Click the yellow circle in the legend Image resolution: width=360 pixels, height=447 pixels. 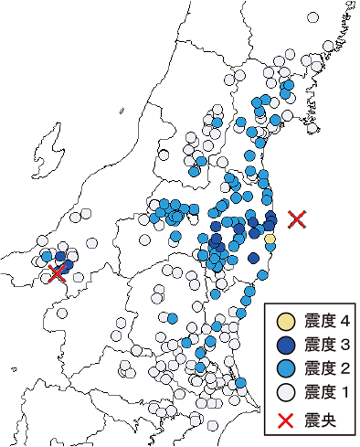coord(285,322)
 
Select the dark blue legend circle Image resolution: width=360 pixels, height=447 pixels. coord(285,345)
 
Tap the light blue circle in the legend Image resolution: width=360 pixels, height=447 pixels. coord(285,367)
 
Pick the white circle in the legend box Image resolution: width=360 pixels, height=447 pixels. coord(285,390)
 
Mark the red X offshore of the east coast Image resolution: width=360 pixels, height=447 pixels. coord(296,218)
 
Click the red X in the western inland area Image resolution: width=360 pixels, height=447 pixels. coord(58,271)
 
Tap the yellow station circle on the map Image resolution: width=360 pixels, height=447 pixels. coord(270,239)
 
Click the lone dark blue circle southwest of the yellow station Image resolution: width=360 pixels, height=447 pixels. coord(253,259)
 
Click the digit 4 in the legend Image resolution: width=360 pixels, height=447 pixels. coord(344,322)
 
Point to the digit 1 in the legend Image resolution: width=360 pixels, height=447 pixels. coord(344,390)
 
